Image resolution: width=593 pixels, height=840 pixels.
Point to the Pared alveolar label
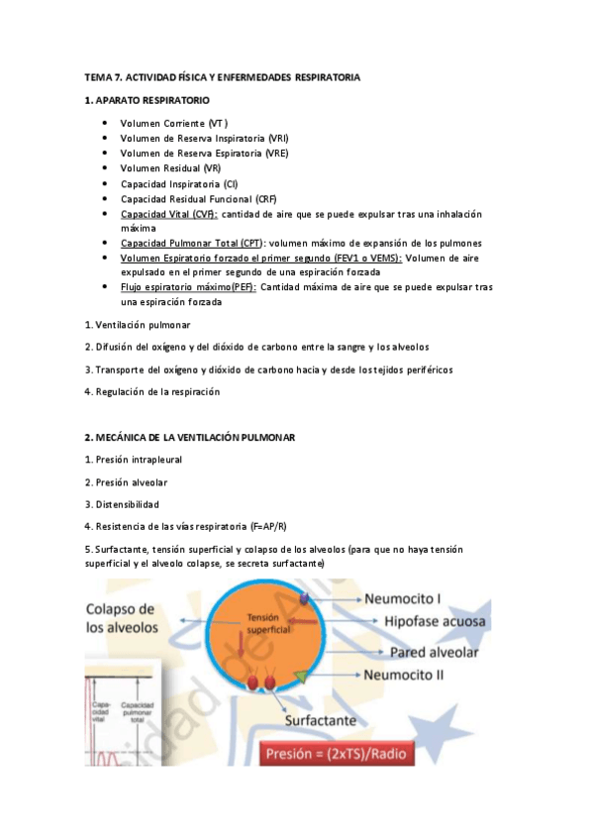(435, 653)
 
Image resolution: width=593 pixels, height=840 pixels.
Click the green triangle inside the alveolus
(299, 676)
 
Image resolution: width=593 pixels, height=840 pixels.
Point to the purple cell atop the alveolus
(309, 600)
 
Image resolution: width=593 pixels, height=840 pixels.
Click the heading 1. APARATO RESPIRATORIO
(147, 101)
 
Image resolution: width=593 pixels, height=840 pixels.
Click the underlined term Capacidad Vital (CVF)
(169, 214)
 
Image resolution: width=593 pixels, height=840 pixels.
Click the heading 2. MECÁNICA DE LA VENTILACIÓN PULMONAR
(203, 437)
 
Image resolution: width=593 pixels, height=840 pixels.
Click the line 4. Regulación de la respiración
(152, 391)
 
